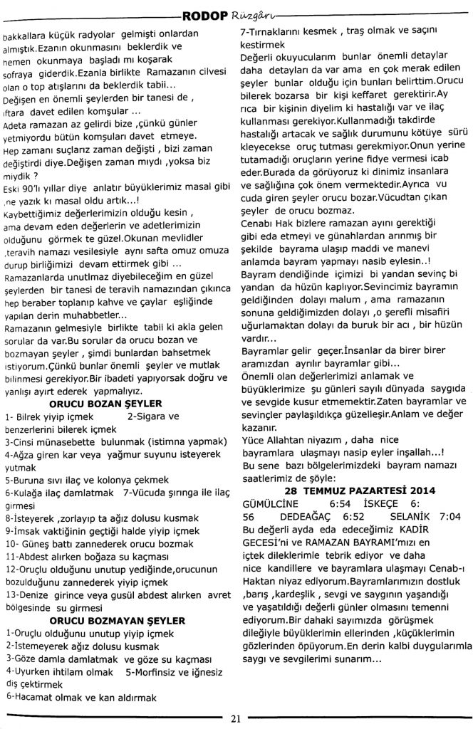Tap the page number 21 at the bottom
pyautogui.click(x=236, y=718)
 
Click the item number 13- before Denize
pyautogui.click(x=13, y=594)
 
